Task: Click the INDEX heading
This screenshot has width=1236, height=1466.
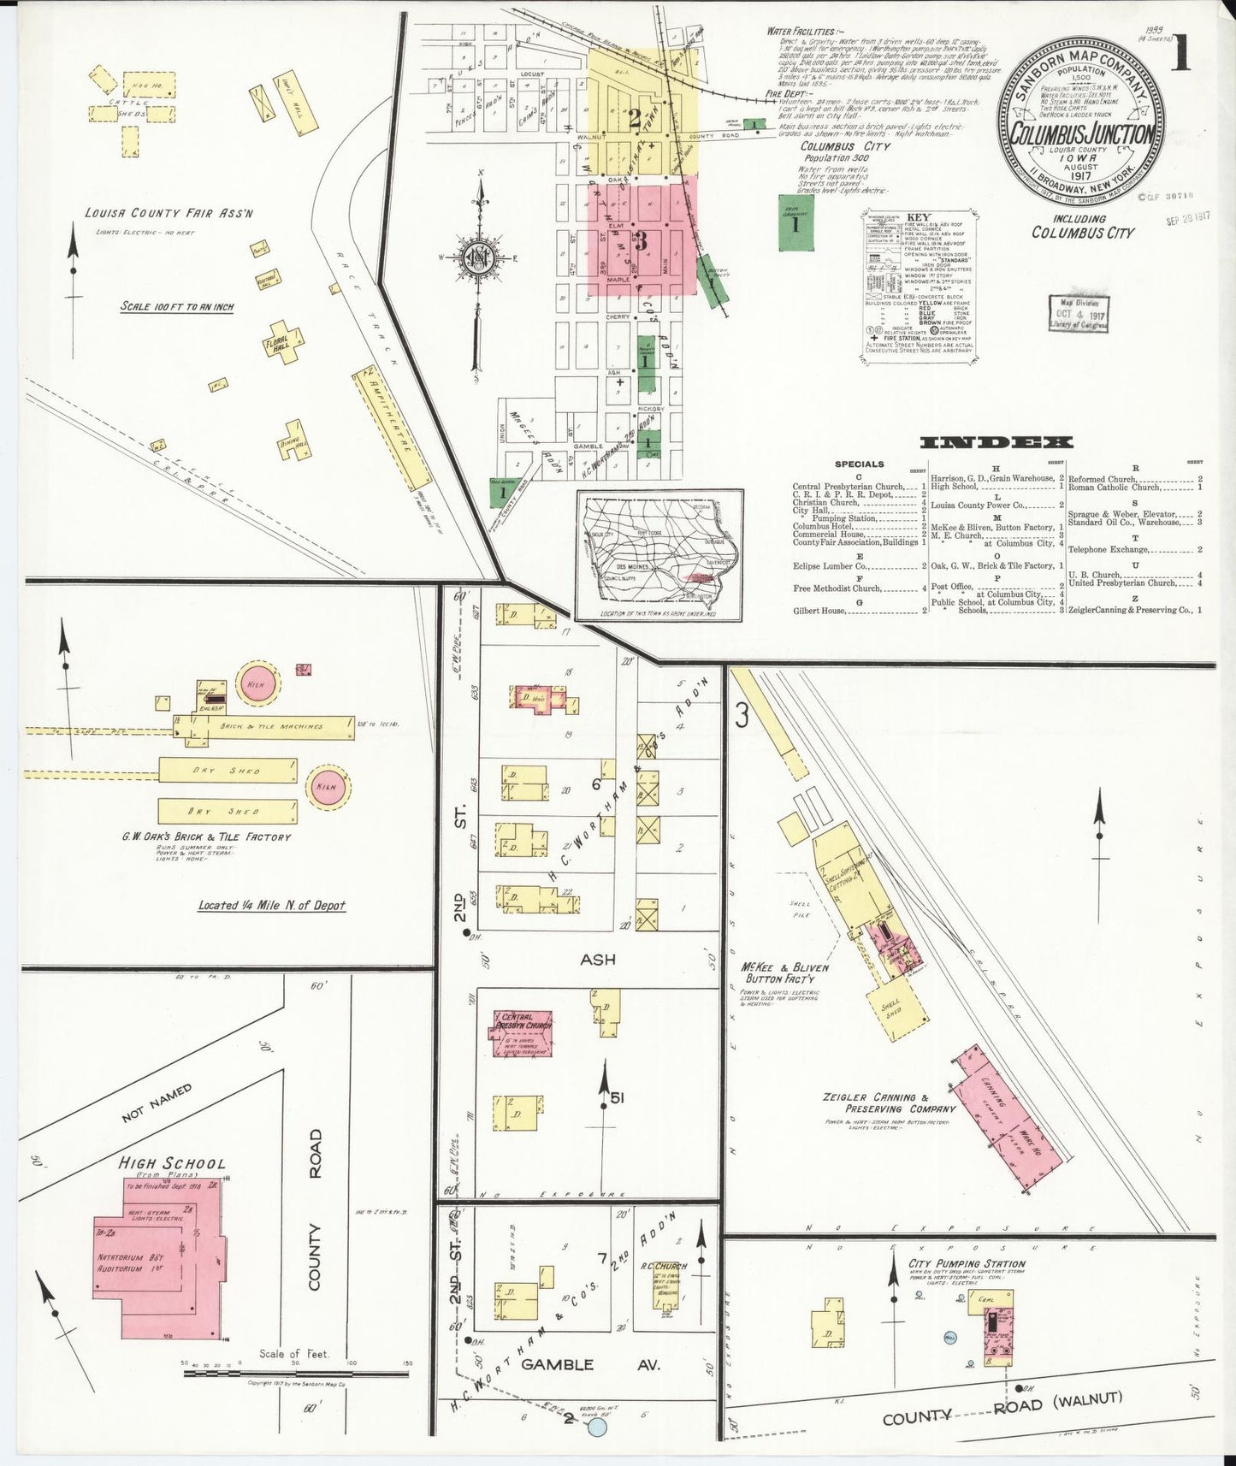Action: (996, 442)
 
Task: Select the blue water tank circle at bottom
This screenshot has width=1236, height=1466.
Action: (598, 1428)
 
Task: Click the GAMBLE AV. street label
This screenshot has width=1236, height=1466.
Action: (590, 1364)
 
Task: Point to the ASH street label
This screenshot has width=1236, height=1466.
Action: (597, 960)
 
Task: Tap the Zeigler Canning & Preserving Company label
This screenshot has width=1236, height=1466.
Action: (875, 1102)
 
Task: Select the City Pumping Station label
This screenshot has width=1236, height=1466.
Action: (955, 1263)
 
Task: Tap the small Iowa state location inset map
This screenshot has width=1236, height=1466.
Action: (659, 554)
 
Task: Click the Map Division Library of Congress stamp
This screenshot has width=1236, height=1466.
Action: (1078, 313)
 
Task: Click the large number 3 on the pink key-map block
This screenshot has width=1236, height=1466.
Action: (641, 241)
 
